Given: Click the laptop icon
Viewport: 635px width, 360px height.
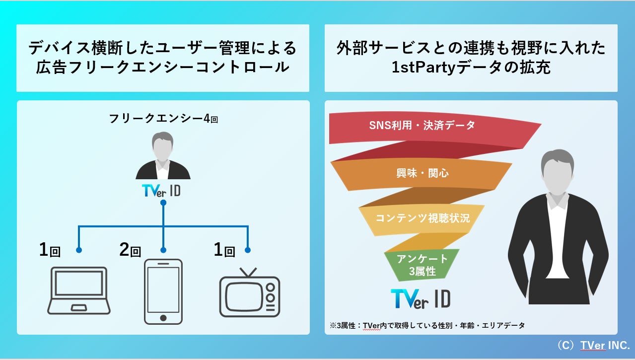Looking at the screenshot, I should [79, 290].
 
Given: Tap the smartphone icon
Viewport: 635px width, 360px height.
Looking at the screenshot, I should [163, 291].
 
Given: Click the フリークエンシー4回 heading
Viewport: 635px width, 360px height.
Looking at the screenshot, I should [163, 119].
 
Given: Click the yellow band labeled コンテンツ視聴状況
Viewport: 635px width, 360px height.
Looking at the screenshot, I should [422, 217].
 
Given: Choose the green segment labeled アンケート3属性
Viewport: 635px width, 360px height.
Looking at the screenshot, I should [422, 264].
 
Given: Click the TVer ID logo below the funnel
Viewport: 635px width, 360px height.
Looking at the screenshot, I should [421, 298].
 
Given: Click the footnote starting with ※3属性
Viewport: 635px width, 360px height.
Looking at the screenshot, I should [427, 326].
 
